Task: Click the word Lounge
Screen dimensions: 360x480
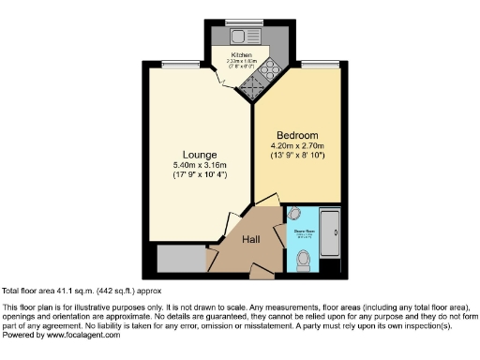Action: tap(201, 155)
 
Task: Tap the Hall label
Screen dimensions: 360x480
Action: tap(251, 239)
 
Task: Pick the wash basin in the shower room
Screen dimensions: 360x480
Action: tap(295, 214)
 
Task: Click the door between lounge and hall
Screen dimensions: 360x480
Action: tap(228, 226)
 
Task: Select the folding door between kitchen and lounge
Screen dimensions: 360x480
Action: tap(223, 83)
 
